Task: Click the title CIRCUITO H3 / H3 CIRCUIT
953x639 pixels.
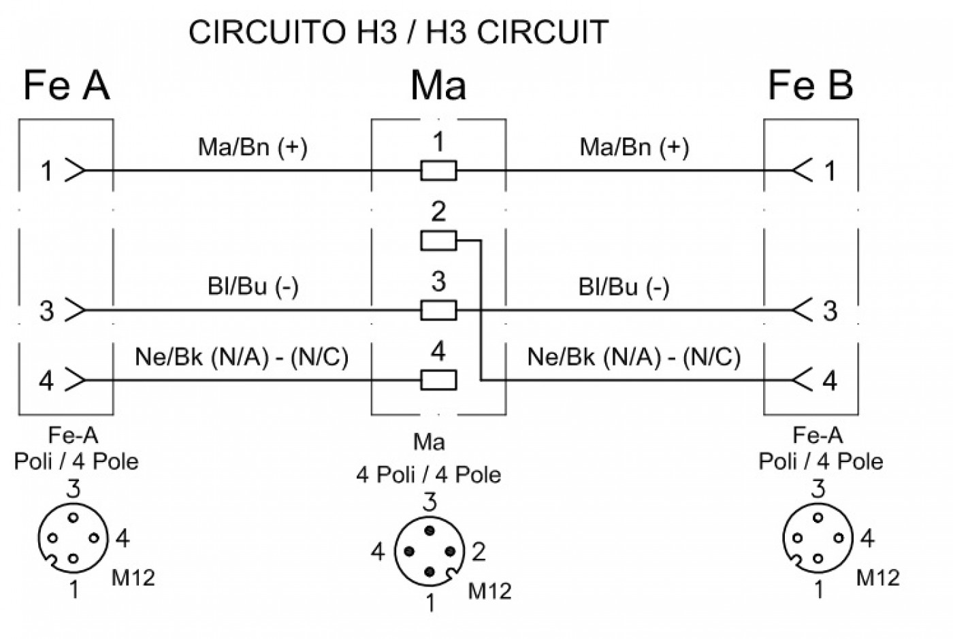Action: point(398,33)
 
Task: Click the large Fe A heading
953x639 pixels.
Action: point(67,86)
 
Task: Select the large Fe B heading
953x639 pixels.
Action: point(811,86)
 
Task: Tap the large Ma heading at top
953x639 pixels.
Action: point(438,86)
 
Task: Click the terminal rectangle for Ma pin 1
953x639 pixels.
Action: point(438,171)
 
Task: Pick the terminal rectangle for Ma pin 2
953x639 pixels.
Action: point(438,240)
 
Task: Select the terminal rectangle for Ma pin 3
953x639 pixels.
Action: point(438,310)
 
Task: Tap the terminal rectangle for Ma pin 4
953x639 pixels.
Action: point(438,380)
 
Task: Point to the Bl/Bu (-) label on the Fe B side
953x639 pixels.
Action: point(624,287)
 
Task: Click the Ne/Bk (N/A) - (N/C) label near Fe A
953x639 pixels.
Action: point(242,357)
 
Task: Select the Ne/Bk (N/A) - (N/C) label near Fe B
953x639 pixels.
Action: point(634,357)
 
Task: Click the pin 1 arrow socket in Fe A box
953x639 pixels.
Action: point(76,170)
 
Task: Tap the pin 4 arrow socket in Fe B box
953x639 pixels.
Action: point(803,380)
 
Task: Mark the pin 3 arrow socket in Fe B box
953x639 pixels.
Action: point(803,310)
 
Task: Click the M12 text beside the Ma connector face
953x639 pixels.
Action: point(489,591)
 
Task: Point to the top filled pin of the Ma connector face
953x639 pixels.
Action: point(430,531)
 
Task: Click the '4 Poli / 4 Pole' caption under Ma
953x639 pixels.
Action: point(429,475)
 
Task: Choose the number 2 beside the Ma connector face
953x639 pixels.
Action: point(479,552)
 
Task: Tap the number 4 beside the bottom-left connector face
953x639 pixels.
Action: point(123,538)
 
